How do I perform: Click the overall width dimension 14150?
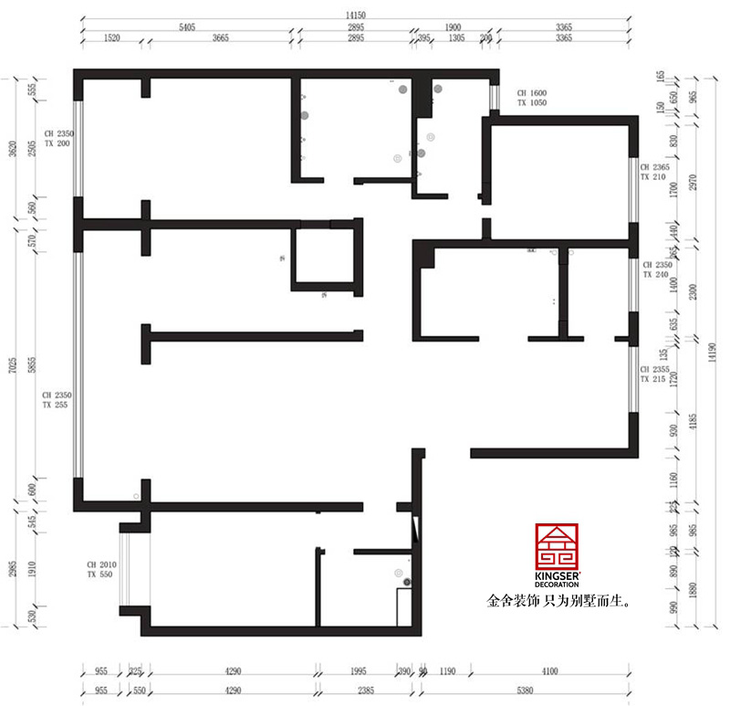tap(356, 14)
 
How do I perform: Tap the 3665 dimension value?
tap(220, 38)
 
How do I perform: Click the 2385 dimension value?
tap(362, 691)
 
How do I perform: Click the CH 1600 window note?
tap(531, 93)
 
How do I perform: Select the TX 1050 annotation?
tap(531, 104)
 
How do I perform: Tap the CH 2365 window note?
tap(655, 167)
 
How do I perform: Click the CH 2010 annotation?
tap(99, 565)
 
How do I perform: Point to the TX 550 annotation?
tap(99, 576)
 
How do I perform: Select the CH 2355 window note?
tap(655, 369)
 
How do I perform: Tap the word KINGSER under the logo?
tap(556, 575)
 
